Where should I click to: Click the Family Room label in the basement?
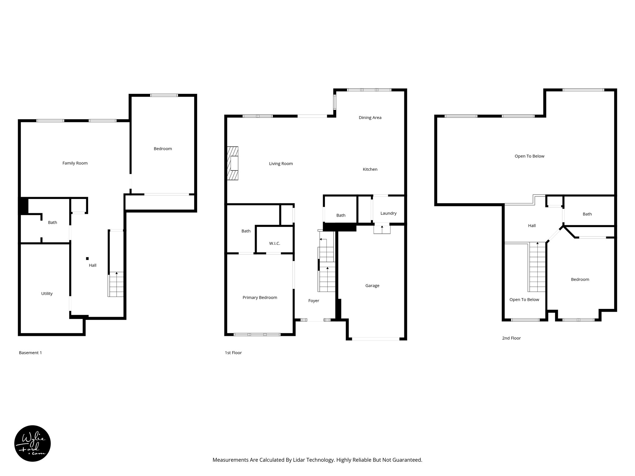coord(75,163)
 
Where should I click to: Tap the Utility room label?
coord(47,293)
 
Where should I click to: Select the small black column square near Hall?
coord(87,258)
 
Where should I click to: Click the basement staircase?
coord(116,284)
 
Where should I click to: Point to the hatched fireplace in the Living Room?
coord(233,163)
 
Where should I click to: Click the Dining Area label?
coord(370,117)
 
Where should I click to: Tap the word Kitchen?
coord(370,169)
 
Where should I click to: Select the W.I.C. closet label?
coord(274,244)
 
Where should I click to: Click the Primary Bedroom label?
coord(260,297)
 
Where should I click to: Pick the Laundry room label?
coord(388,213)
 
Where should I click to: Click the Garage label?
coord(372,286)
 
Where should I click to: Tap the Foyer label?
coord(313,301)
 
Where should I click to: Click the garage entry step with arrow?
coord(382,229)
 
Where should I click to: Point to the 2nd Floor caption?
coord(511,338)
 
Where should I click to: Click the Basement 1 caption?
coord(30,353)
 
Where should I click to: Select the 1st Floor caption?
coord(233,353)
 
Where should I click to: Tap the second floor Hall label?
coord(532,226)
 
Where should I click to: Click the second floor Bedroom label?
coord(580,280)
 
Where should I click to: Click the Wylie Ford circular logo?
coord(33,443)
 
